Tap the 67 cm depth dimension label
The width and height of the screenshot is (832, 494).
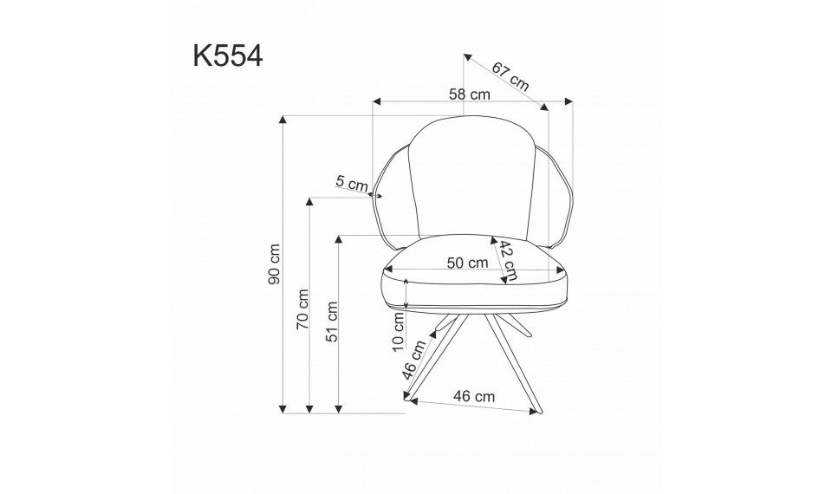[x=510, y=75]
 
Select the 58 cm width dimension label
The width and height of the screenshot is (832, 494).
[x=469, y=93]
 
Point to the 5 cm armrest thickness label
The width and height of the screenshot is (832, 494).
[x=352, y=183]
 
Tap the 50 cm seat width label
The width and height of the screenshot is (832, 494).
[x=465, y=263]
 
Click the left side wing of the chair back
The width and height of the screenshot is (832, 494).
[x=391, y=195]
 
